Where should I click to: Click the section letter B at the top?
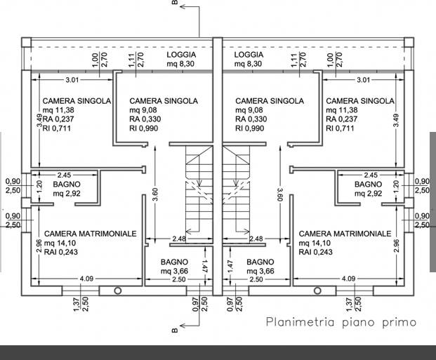tap(175, 2)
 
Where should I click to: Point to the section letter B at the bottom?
tap(175, 331)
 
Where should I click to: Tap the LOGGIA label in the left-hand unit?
tap(181, 55)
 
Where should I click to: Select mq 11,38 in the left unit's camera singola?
tap(58, 110)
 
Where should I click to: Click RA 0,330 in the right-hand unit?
tap(251, 119)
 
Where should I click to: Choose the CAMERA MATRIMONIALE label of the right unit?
tap(345, 234)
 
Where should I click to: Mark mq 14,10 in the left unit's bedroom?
tap(60, 243)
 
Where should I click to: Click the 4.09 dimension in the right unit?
tap(348, 279)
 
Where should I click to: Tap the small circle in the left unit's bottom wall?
tap(118, 291)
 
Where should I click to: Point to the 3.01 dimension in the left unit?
tap(72, 80)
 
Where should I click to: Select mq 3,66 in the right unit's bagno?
tap(260, 271)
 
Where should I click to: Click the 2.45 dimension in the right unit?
tap(371, 175)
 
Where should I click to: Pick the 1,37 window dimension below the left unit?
tap(77, 305)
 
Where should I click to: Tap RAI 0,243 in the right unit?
tap(316, 252)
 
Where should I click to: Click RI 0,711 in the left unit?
tap(57, 128)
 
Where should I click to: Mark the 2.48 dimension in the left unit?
tap(179, 239)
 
